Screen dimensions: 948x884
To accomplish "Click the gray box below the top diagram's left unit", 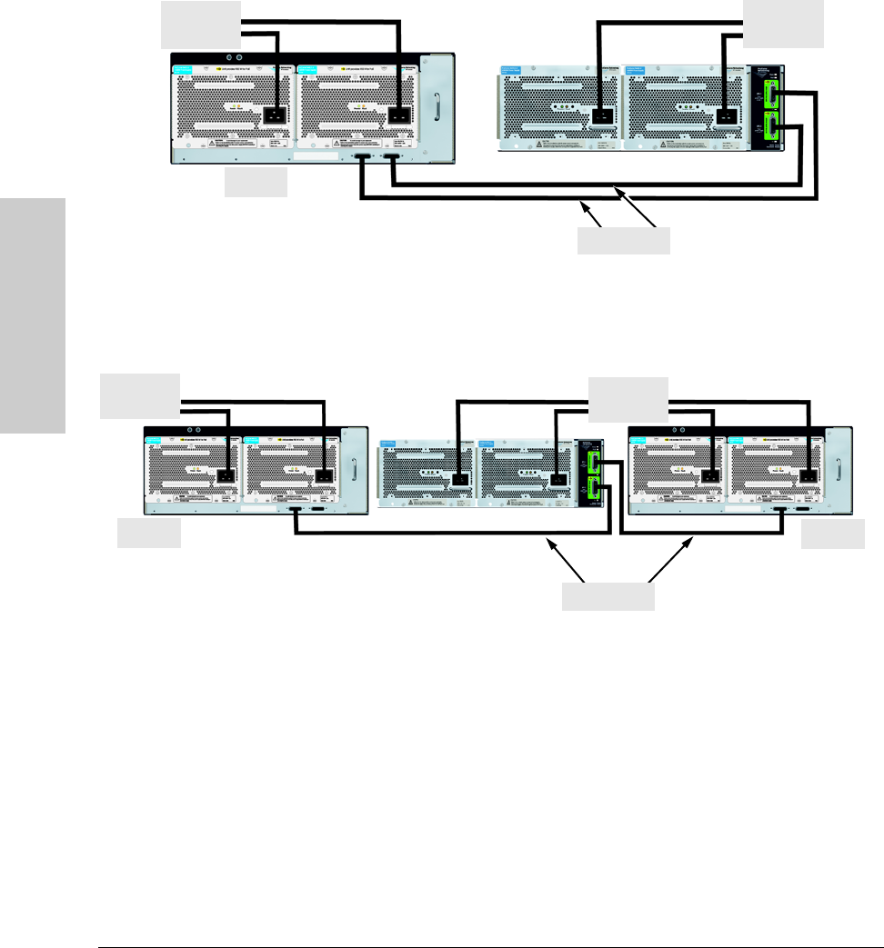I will coord(256,185).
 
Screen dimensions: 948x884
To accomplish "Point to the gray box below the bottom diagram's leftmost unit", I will coord(149,535).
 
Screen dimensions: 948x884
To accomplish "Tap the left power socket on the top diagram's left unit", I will coord(274,116).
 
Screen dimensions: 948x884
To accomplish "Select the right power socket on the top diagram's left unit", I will coord(398,116).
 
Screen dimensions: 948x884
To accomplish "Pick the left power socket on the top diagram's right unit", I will coord(600,116).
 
